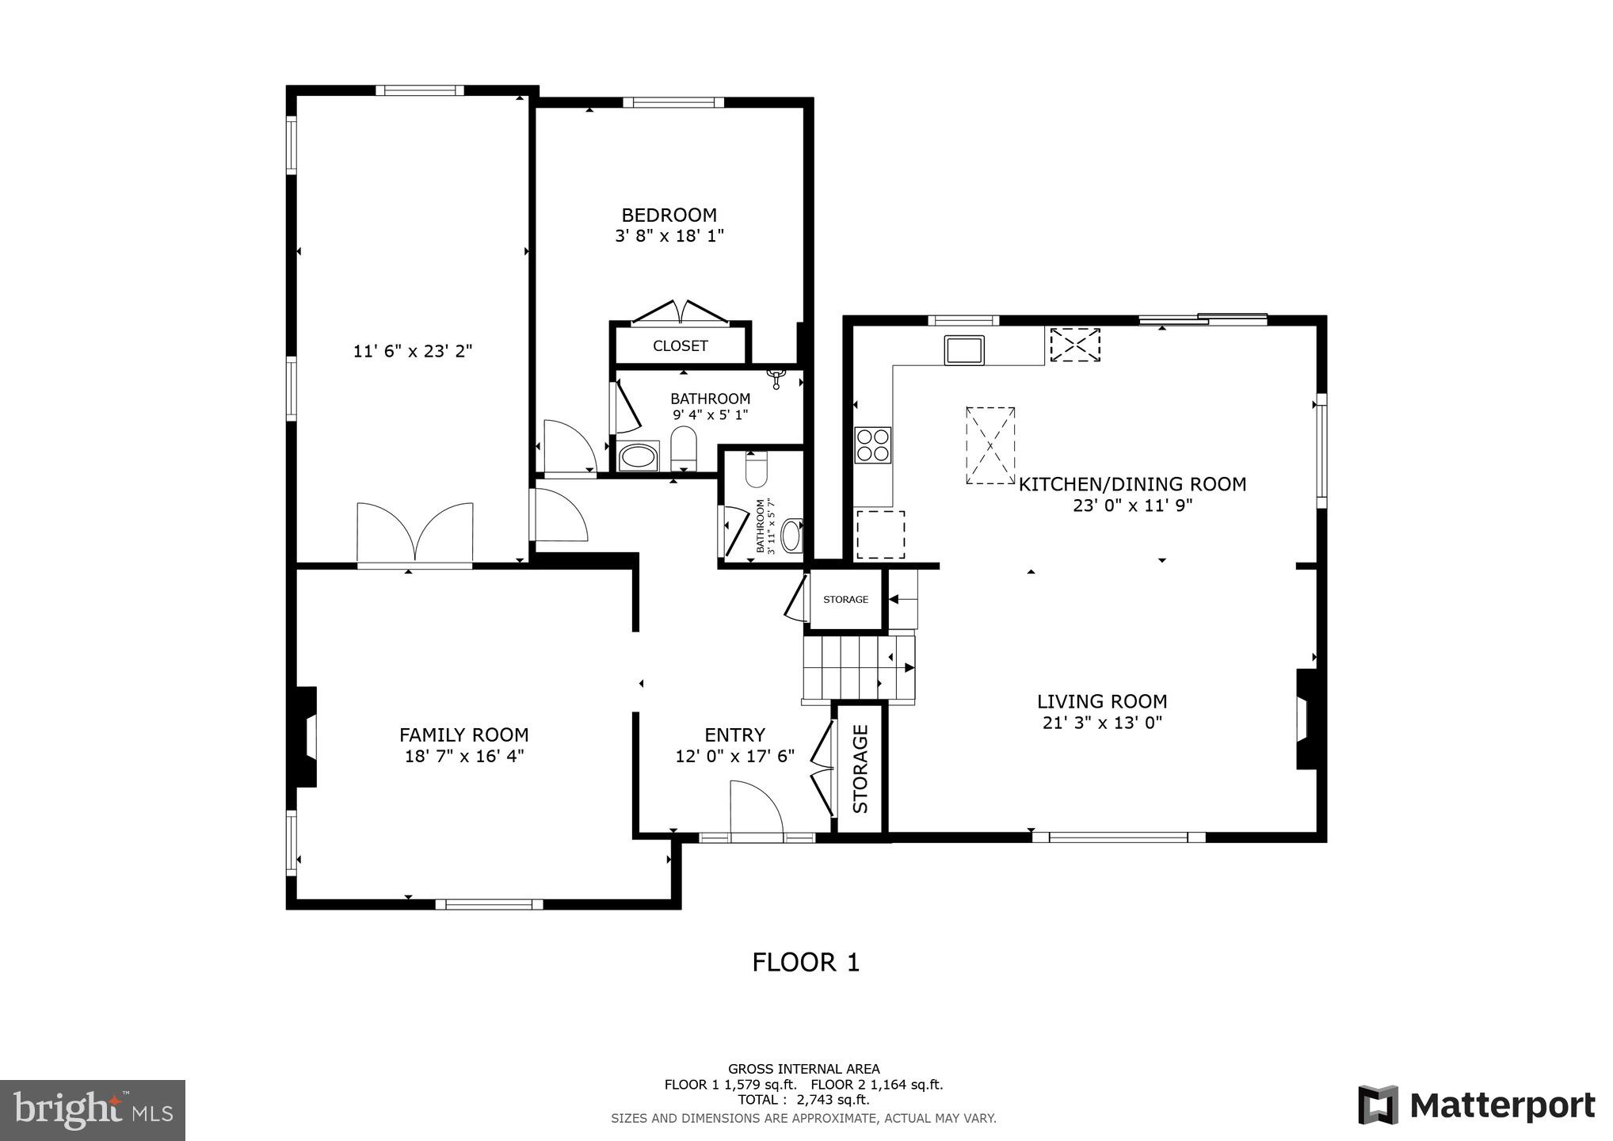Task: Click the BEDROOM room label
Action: pos(669,215)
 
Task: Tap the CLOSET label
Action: pos(680,345)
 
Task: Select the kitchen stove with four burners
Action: pos(872,445)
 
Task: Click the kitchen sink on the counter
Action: pos(963,349)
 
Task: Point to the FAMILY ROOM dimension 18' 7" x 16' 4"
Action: pos(464,756)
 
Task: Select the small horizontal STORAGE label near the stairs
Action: pos(845,600)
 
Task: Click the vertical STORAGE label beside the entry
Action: pos(860,769)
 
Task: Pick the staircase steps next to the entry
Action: pos(858,669)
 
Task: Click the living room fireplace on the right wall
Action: pos(1305,719)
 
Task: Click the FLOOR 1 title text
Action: pos(805,963)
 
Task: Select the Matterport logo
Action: pos(1476,1105)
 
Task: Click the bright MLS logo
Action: pos(93,1110)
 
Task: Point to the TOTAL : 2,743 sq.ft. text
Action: pos(803,1100)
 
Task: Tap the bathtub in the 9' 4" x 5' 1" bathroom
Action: pos(638,457)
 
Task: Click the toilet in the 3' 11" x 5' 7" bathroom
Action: pos(757,469)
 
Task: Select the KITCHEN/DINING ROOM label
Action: pos(1131,484)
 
